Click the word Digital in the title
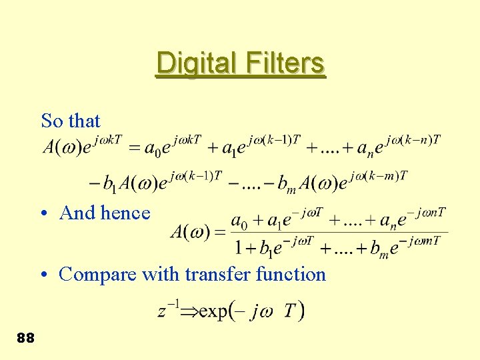coord(194,63)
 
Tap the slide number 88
coord(25,338)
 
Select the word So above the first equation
coord(51,121)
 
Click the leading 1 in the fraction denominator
coord(238,248)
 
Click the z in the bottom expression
coord(162,312)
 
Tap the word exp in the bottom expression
coord(213,311)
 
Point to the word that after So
coord(83,121)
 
